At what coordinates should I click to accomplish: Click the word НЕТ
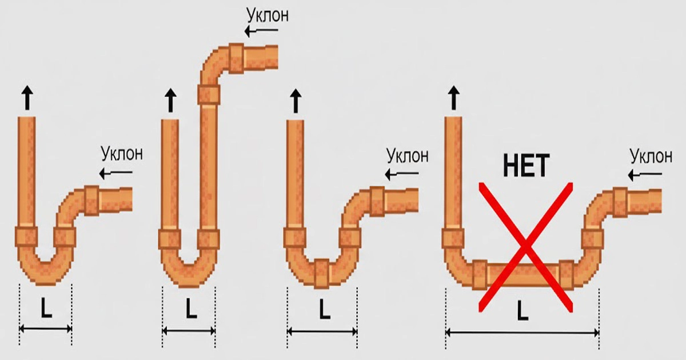[x=527, y=166]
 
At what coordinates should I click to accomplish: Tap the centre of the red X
[x=525, y=247]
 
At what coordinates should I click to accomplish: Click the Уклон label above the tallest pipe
[x=268, y=15]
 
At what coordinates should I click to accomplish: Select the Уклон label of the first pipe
[x=122, y=153]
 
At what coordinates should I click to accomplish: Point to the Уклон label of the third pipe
[x=407, y=155]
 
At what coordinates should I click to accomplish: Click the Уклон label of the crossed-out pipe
[x=651, y=156]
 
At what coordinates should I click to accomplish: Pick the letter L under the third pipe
[x=324, y=309]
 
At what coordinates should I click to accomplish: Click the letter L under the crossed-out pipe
[x=523, y=310]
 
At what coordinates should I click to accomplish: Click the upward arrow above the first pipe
[x=27, y=98]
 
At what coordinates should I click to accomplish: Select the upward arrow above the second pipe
[x=170, y=101]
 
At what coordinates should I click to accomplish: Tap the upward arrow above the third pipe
[x=296, y=101]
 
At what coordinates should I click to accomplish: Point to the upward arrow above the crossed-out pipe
[x=453, y=98]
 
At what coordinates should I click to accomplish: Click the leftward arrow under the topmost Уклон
[x=261, y=31]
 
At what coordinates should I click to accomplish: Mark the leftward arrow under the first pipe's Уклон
[x=115, y=173]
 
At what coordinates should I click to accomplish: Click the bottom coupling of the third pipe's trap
[x=322, y=274]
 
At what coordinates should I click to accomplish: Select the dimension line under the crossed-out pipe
[x=522, y=333]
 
